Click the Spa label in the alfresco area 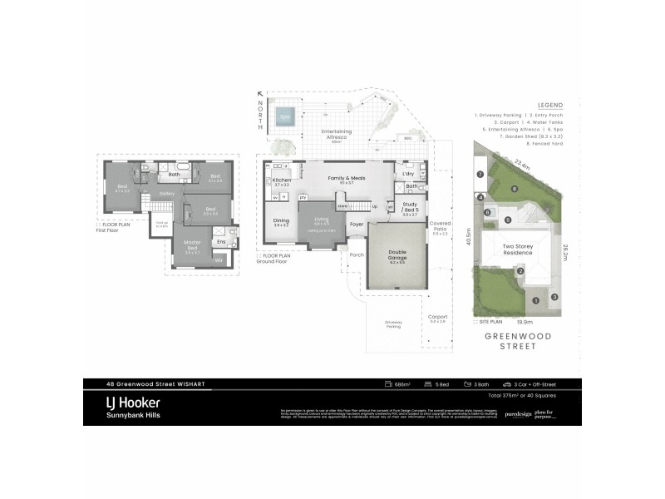(x=285, y=117)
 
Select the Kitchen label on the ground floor (x=280, y=180)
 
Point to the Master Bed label (x=193, y=245)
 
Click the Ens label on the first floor (x=220, y=242)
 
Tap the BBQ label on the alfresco (x=408, y=139)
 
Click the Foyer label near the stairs (x=357, y=224)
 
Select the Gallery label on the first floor (x=165, y=193)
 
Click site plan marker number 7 (x=480, y=174)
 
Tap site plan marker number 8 (x=515, y=190)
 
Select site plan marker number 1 (x=536, y=299)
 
